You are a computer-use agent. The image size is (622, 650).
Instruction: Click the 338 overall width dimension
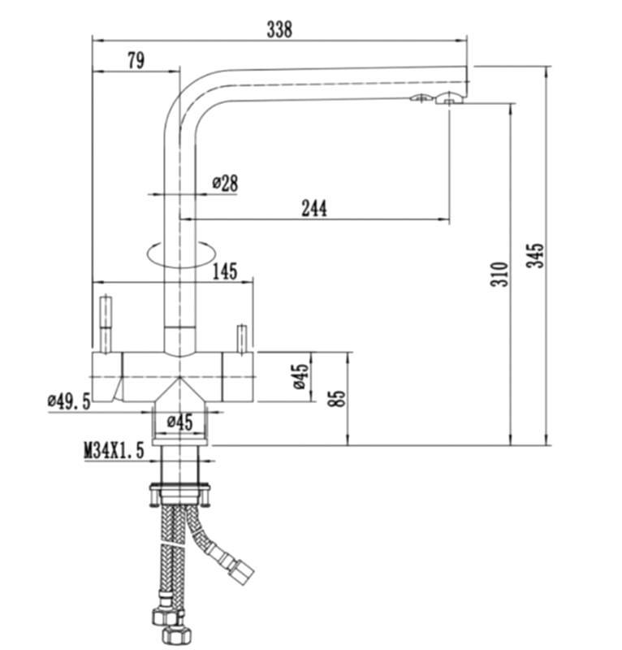[279, 29]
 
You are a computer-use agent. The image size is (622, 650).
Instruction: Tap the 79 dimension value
[136, 60]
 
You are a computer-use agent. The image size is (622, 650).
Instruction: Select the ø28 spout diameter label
[226, 183]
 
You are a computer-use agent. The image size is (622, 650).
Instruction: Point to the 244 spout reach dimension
[313, 208]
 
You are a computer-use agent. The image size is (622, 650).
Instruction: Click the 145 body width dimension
[225, 271]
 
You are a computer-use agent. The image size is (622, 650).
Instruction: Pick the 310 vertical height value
[499, 274]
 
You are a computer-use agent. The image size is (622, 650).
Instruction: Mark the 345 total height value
[535, 255]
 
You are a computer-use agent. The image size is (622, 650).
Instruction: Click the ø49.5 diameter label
[69, 401]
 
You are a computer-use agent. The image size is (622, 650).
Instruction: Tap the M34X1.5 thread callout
[114, 450]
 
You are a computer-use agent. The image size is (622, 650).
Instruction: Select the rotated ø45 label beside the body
[301, 377]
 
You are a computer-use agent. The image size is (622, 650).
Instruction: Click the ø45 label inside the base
[179, 422]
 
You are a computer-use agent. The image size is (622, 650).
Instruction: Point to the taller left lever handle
[106, 323]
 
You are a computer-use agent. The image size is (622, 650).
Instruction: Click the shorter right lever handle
[241, 340]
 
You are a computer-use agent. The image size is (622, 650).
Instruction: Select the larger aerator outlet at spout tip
[448, 98]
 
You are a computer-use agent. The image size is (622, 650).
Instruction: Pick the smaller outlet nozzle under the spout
[420, 97]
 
